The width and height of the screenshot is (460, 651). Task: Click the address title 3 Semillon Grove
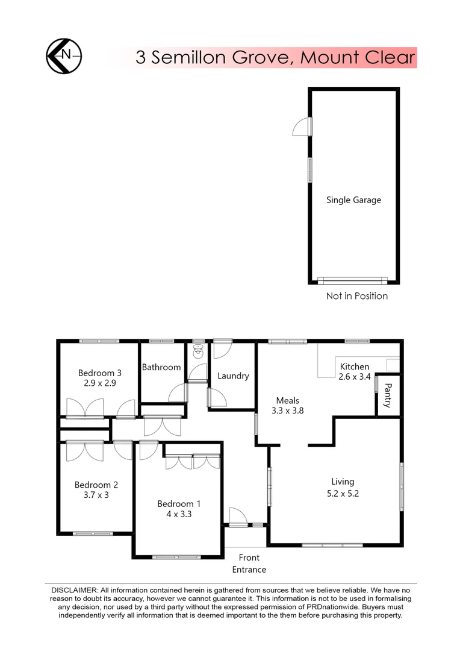(x=275, y=57)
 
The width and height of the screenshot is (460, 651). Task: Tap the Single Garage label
(x=353, y=200)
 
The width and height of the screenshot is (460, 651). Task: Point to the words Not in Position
(x=356, y=296)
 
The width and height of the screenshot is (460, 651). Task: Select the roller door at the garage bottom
(x=353, y=280)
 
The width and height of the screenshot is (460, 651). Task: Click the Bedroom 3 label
(x=99, y=373)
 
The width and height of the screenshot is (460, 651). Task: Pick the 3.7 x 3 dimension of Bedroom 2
(x=96, y=495)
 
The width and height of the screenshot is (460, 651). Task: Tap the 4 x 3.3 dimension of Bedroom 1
(x=175, y=514)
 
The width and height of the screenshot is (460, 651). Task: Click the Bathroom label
(x=161, y=367)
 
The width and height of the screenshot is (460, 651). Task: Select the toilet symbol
(x=197, y=349)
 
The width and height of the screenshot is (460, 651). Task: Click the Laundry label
(x=233, y=376)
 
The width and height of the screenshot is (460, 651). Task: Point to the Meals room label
(x=287, y=400)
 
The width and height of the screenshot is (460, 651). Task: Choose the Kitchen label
(x=355, y=366)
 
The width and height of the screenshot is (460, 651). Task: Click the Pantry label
(x=388, y=395)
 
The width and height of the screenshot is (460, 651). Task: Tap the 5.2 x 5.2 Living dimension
(x=343, y=492)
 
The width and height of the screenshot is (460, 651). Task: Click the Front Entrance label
(x=249, y=564)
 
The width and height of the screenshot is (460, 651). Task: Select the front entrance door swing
(x=237, y=516)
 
